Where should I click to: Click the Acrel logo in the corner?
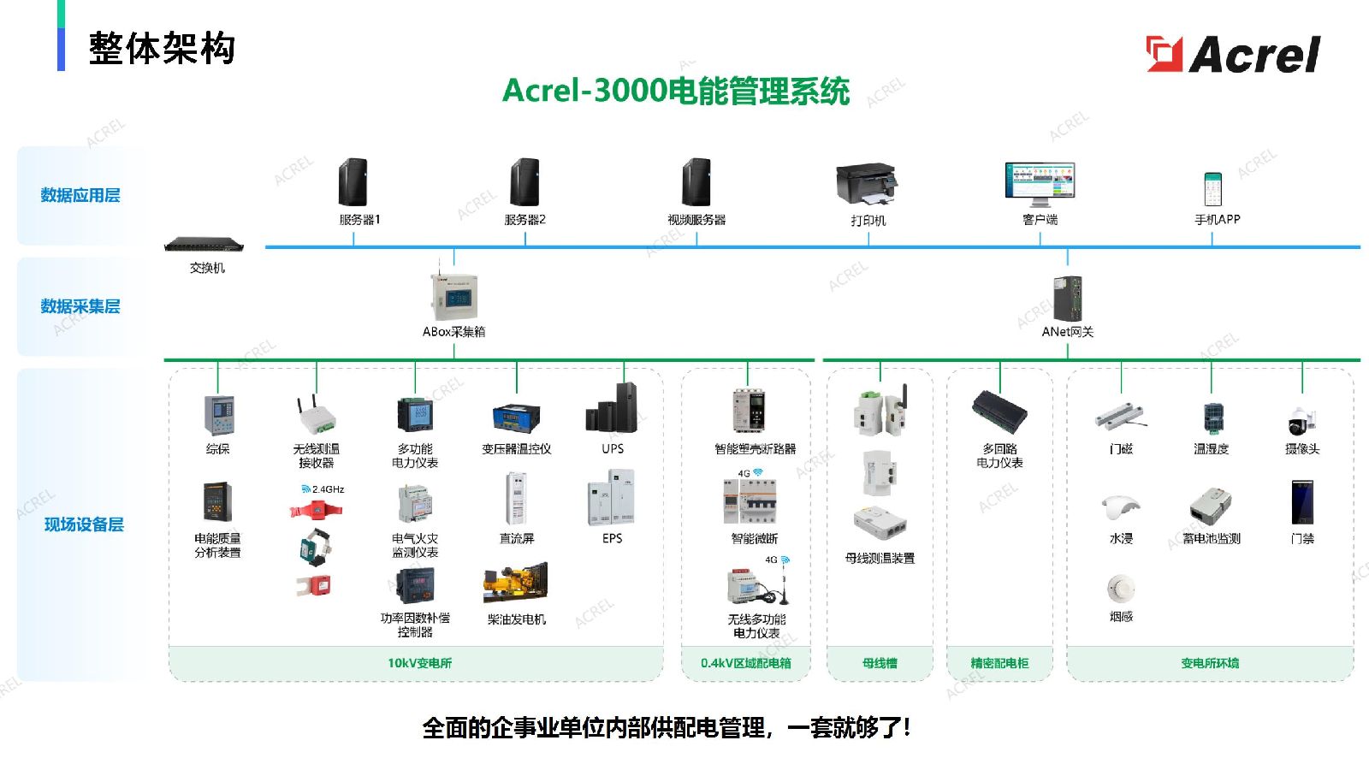pyautogui.click(x=1233, y=54)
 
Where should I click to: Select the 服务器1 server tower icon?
pyautogui.click(x=353, y=181)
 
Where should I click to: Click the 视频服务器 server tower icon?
pyautogui.click(x=696, y=181)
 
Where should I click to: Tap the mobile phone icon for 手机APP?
pyautogui.click(x=1213, y=188)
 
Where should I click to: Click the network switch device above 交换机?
pyautogui.click(x=204, y=245)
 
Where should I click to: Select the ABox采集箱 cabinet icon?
pyautogui.click(x=453, y=297)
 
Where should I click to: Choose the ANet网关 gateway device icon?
pyautogui.click(x=1068, y=298)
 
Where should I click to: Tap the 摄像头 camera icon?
pyautogui.click(x=1301, y=421)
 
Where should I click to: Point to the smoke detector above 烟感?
pyautogui.click(x=1120, y=589)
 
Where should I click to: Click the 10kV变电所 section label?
pyautogui.click(x=419, y=663)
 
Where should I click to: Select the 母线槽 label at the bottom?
pyautogui.click(x=880, y=663)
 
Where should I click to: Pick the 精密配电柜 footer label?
pyautogui.click(x=999, y=663)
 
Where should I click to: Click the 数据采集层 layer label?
pyautogui.click(x=80, y=306)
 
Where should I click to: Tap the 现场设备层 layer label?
pyautogui.click(x=84, y=524)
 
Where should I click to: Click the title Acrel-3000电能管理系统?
pyautogui.click(x=676, y=91)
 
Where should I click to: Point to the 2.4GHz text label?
pyautogui.click(x=328, y=489)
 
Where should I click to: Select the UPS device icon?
pyautogui.click(x=613, y=407)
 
